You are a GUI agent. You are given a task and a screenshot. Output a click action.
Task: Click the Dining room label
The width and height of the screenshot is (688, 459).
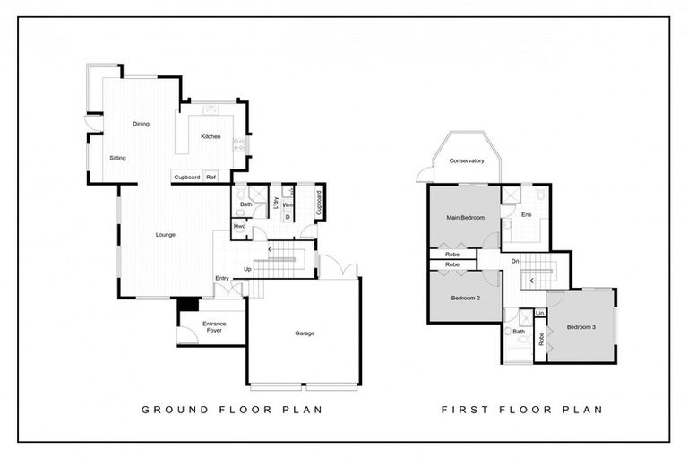(x=141, y=124)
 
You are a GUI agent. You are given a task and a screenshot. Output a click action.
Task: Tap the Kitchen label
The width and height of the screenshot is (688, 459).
(x=211, y=136)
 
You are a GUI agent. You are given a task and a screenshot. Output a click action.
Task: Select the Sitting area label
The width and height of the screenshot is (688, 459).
(x=117, y=158)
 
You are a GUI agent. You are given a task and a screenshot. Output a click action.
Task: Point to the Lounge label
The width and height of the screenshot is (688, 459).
(x=165, y=235)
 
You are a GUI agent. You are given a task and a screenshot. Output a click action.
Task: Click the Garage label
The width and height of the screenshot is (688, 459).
(x=305, y=333)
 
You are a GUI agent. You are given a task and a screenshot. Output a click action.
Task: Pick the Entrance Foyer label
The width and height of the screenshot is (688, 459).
(x=214, y=326)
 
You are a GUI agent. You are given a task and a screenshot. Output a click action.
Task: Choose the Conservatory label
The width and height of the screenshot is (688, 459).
(x=466, y=161)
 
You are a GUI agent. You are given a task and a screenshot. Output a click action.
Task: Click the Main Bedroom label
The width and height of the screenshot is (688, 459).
(x=466, y=218)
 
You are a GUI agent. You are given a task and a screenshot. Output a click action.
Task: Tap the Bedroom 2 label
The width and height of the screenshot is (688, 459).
(x=466, y=298)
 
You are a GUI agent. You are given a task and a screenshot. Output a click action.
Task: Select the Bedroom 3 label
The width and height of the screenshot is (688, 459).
(x=581, y=326)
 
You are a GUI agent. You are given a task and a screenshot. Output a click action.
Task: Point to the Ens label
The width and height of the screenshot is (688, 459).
(x=526, y=214)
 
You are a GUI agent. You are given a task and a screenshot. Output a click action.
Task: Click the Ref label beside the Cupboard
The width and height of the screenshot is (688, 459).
(x=211, y=178)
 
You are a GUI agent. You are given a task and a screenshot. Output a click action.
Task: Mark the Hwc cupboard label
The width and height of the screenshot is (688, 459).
(x=239, y=226)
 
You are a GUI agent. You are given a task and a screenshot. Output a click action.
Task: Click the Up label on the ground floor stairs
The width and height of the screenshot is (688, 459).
(x=246, y=269)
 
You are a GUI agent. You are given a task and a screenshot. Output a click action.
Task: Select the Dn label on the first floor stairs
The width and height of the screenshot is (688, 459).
(x=515, y=261)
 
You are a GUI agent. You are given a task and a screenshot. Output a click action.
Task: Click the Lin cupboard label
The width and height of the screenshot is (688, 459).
(x=540, y=313)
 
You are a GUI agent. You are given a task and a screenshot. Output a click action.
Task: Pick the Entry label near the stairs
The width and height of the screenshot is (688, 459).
(x=221, y=278)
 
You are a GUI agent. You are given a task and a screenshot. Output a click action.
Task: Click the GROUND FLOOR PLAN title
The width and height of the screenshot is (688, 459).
(x=232, y=410)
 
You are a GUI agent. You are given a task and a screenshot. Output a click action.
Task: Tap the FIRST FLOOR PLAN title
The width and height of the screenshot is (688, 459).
(x=521, y=410)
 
